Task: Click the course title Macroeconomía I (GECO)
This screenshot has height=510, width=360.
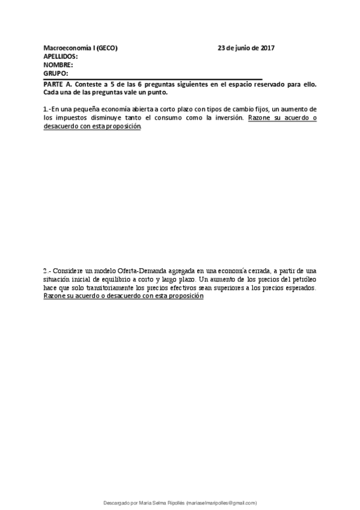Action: coord(81,48)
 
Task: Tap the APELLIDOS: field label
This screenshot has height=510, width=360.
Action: coord(61,57)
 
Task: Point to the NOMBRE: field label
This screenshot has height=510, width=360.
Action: coord(58,65)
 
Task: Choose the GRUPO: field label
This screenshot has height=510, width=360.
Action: coord(56,73)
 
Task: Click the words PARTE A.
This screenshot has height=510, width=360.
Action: coord(56,85)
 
